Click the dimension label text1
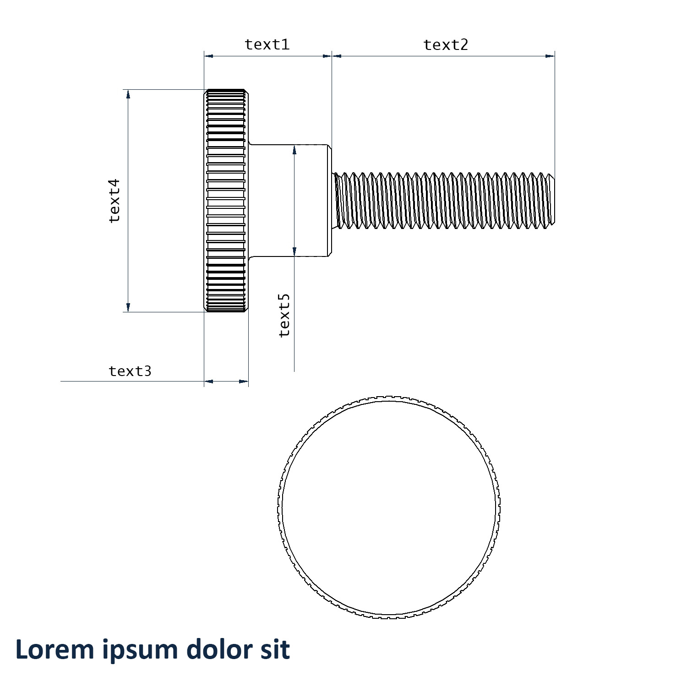(x=267, y=44)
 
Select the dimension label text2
(x=446, y=45)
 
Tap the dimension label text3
(x=130, y=371)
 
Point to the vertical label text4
(x=114, y=201)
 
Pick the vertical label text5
(x=284, y=316)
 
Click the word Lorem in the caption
(x=55, y=649)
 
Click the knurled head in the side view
(x=226, y=201)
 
